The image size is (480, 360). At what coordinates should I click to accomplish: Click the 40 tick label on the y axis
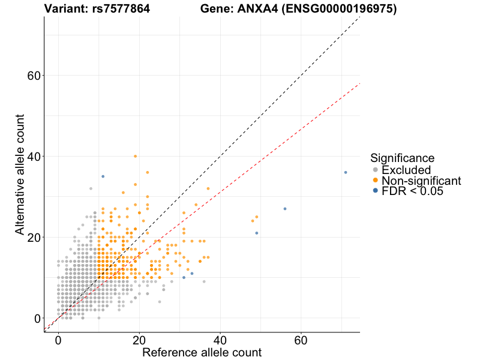coord(34,157)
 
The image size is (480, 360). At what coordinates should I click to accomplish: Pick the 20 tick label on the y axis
coord(34,238)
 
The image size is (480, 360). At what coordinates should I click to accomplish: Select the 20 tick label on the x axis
coord(139,340)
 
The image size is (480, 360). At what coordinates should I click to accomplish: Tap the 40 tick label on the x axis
coord(220,340)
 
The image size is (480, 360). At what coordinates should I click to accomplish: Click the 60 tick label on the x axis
coord(301,340)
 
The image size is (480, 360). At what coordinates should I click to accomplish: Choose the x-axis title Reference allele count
coord(202,352)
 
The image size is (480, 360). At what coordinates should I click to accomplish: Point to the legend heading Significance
coord(402,158)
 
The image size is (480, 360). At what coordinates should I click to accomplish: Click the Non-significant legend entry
coord(421,181)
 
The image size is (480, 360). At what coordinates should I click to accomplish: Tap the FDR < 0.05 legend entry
coord(412,191)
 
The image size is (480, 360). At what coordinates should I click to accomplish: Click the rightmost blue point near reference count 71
coord(346,172)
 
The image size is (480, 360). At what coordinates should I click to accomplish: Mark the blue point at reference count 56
coord(285,209)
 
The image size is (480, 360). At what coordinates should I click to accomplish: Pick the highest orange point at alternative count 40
coord(135,156)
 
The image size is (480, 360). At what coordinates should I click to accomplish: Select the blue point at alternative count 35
coord(103,176)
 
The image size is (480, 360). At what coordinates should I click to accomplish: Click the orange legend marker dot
coord(376,181)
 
